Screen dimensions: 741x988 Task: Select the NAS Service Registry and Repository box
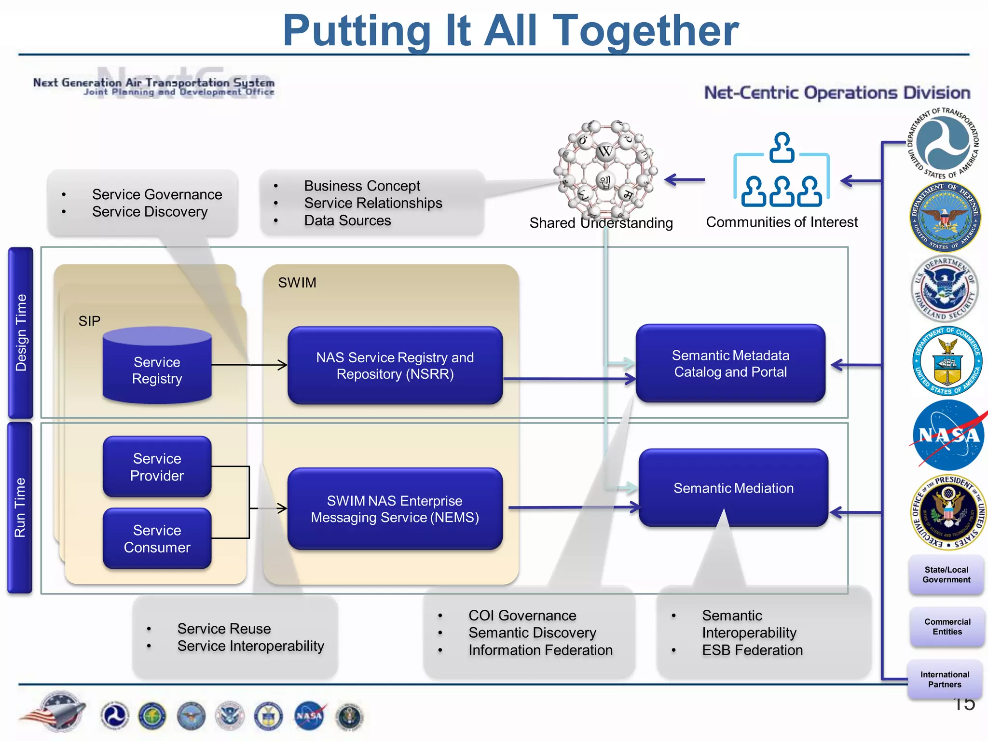(x=395, y=366)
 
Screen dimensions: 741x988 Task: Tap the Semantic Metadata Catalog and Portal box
(x=730, y=363)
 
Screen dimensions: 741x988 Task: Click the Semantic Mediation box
(x=733, y=487)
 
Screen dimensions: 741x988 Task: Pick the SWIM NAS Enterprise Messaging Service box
(x=395, y=508)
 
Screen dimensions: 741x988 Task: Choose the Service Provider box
(x=157, y=467)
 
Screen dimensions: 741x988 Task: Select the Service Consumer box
(x=157, y=538)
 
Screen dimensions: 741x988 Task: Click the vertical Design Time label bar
(x=21, y=332)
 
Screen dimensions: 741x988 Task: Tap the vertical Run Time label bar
(x=20, y=508)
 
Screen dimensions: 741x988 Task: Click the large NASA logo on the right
(x=948, y=435)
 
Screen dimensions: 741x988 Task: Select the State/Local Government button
(x=946, y=575)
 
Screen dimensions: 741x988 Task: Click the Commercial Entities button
(x=947, y=627)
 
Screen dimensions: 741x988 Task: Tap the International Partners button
(x=944, y=679)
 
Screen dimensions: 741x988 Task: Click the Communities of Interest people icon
(x=782, y=171)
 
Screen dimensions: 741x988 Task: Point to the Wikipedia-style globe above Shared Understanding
(x=605, y=169)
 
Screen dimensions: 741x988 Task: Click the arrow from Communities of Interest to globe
(x=685, y=180)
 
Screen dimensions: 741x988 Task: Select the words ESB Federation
(x=752, y=650)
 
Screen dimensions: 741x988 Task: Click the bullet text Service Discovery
(x=150, y=212)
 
